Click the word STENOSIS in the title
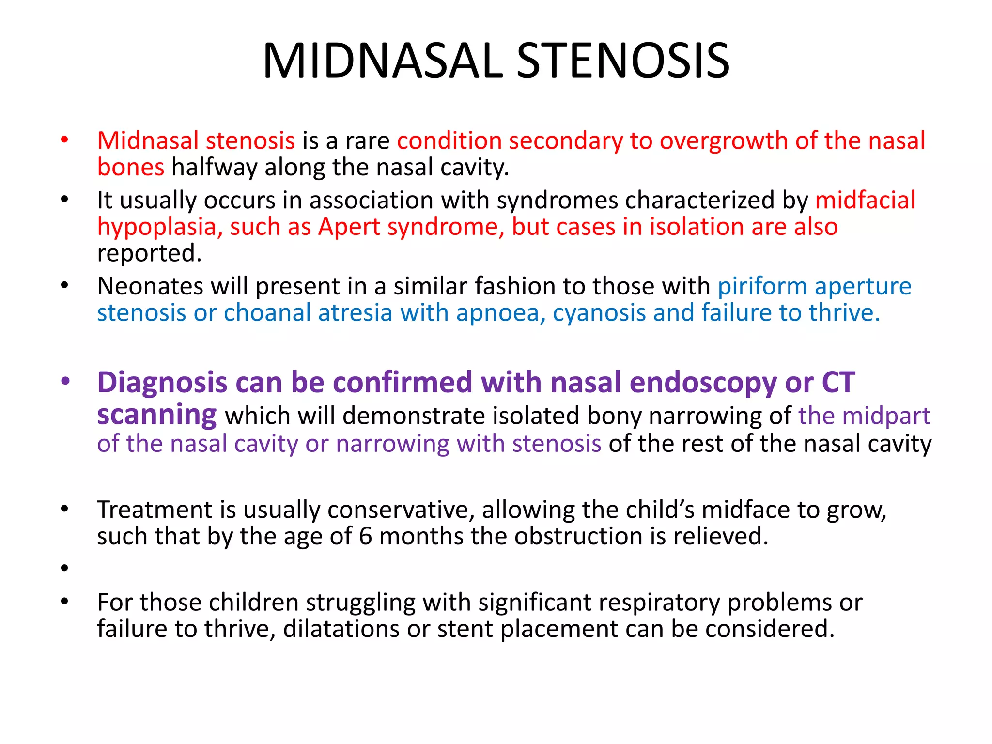(623, 61)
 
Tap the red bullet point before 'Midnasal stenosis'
(64, 140)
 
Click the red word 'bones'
(131, 168)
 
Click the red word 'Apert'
(349, 227)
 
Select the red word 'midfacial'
(865, 200)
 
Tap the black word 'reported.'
(149, 253)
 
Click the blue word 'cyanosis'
(599, 313)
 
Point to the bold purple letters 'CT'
(838, 383)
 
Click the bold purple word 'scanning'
(156, 416)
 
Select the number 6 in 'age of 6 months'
(366, 537)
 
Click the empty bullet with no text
(64, 568)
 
